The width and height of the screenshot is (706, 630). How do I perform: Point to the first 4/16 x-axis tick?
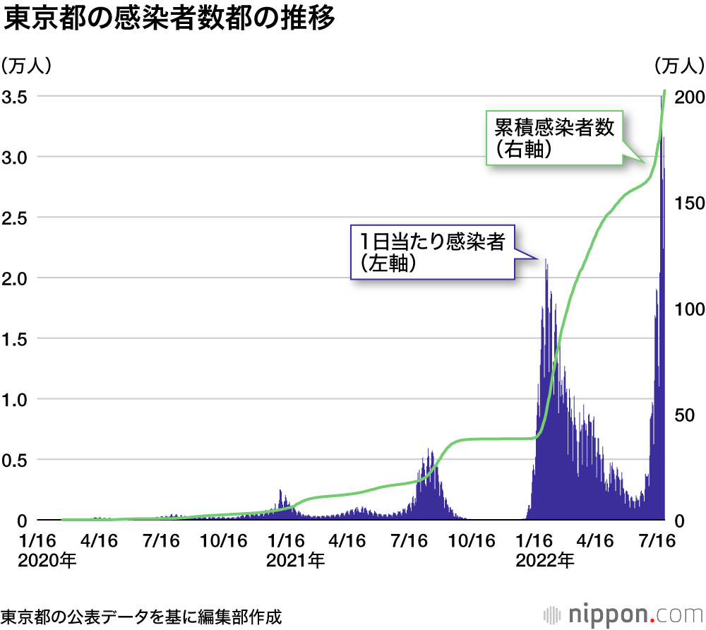(100, 541)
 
